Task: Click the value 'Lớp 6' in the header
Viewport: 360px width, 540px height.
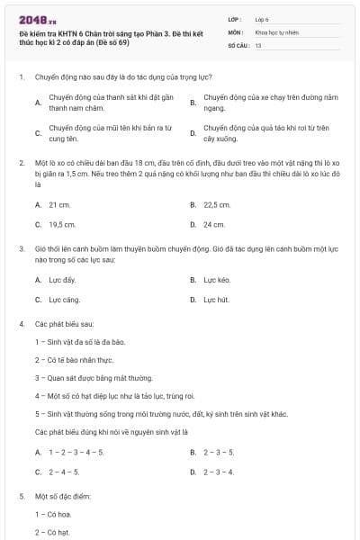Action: click(x=262, y=18)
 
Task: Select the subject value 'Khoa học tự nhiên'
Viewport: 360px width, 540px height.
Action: click(x=276, y=31)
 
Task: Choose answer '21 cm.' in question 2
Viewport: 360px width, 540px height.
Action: click(x=59, y=205)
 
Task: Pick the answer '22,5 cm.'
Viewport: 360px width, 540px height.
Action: click(x=217, y=205)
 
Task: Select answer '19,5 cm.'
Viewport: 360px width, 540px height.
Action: click(x=62, y=224)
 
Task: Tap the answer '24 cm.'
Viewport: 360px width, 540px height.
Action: click(x=214, y=224)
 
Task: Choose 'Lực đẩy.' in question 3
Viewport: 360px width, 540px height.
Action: click(x=62, y=280)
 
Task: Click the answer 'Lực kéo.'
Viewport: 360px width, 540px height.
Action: click(x=217, y=280)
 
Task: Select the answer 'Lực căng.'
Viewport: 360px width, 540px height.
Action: click(x=64, y=299)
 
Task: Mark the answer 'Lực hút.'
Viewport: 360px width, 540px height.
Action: click(x=216, y=299)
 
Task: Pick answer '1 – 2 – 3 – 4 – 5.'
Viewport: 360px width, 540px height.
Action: click(x=76, y=451)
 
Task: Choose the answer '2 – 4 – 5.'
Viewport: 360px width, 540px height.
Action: click(x=64, y=471)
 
